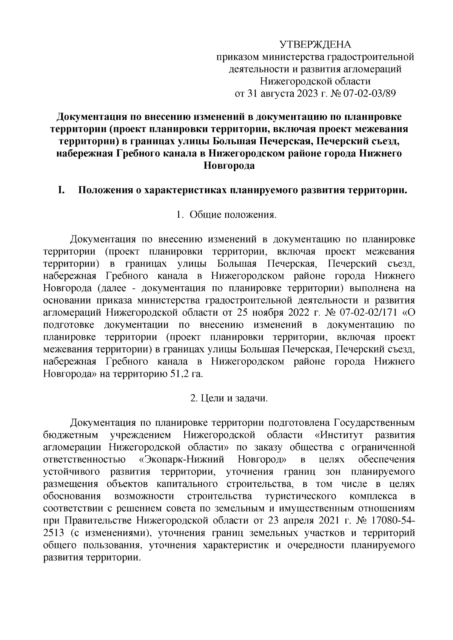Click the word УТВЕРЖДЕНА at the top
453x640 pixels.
pyautogui.click(x=315, y=45)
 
